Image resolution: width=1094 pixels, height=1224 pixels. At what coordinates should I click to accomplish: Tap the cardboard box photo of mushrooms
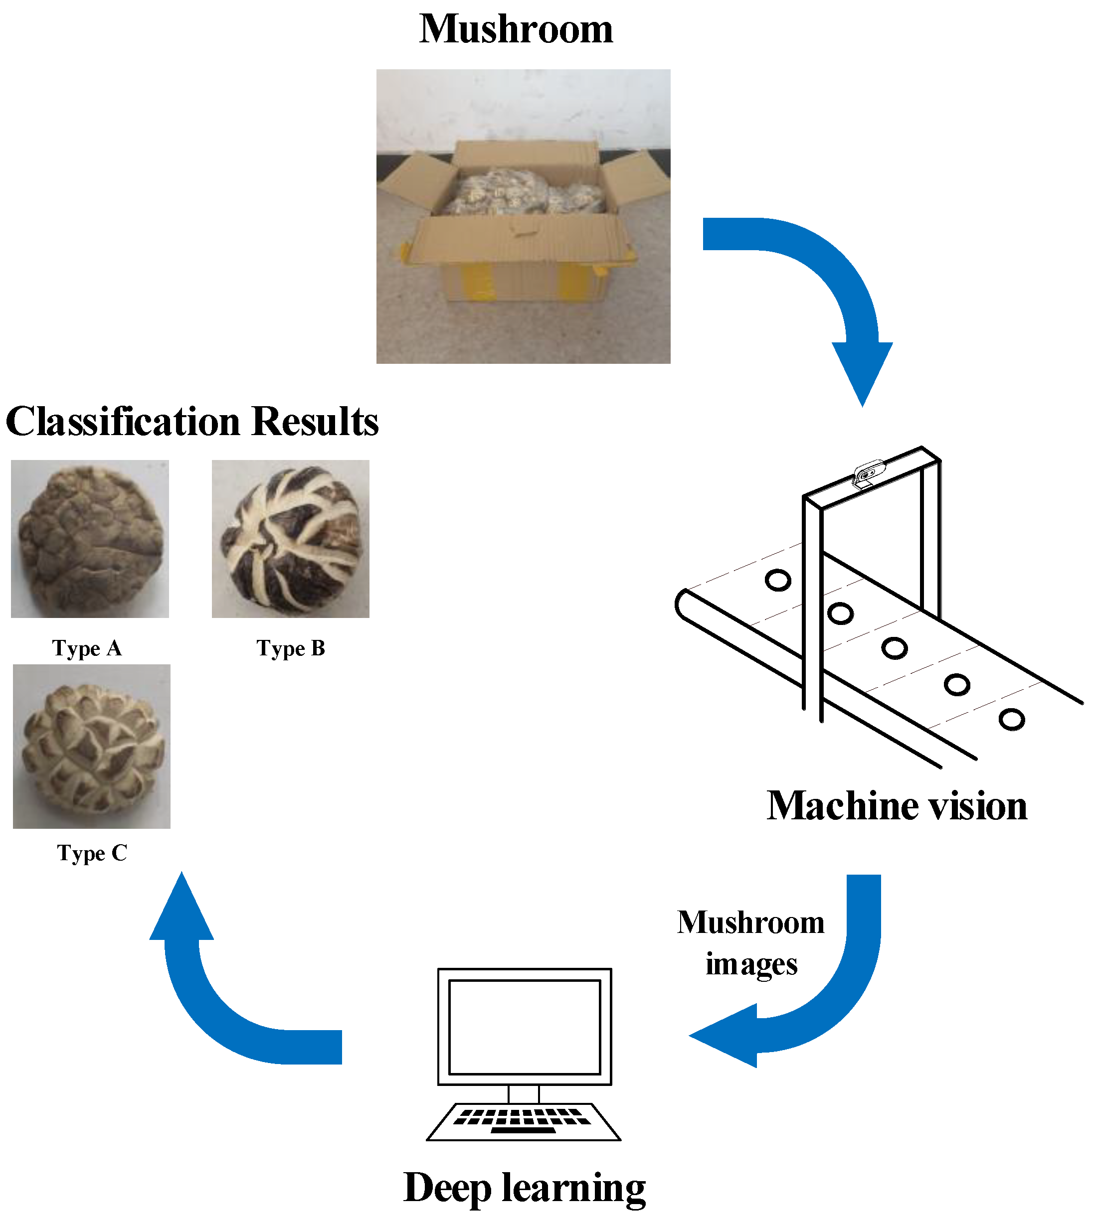pyautogui.click(x=523, y=216)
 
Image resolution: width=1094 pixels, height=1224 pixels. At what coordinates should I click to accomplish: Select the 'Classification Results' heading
pyautogui.click(x=192, y=421)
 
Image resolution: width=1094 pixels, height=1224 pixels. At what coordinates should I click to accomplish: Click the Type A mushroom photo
pyautogui.click(x=90, y=539)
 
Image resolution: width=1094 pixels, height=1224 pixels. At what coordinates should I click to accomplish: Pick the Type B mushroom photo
pyautogui.click(x=290, y=539)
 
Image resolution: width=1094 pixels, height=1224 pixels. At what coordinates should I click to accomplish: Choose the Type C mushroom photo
pyautogui.click(x=91, y=746)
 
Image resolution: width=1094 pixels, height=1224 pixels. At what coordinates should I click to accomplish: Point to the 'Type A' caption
pyautogui.click(x=87, y=648)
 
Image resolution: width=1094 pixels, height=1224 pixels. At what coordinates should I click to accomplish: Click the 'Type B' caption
pyautogui.click(x=291, y=648)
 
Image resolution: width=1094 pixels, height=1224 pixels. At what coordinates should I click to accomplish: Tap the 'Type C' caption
pyautogui.click(x=92, y=853)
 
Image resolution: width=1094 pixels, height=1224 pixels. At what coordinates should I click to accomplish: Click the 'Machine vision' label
pyautogui.click(x=897, y=806)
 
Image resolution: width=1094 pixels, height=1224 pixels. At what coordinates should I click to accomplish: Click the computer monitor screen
pyautogui.click(x=524, y=1027)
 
